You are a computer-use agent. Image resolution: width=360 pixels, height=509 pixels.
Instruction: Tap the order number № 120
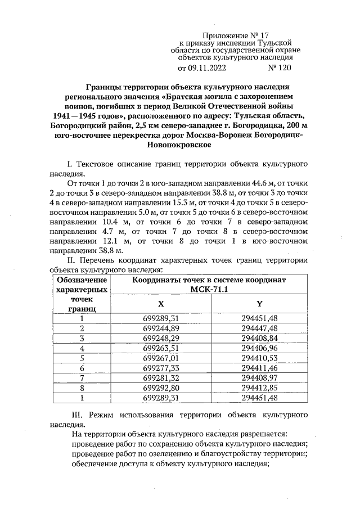coord(280,69)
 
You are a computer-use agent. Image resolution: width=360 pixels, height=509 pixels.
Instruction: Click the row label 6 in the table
coord(82,368)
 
